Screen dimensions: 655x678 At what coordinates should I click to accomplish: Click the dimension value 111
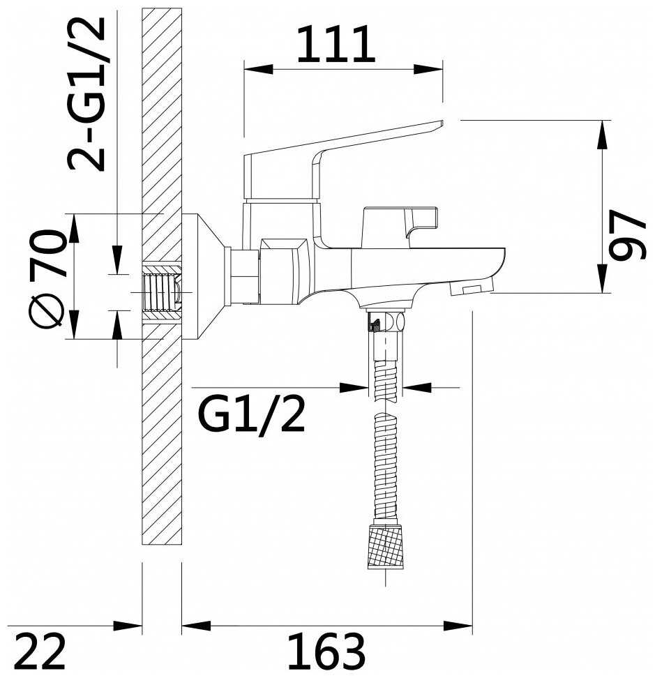[336, 44]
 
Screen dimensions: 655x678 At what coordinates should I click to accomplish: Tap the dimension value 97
[627, 235]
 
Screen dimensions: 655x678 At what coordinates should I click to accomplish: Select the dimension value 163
[326, 651]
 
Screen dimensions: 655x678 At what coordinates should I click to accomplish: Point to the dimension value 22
[42, 651]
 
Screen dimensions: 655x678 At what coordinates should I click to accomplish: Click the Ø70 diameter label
[48, 279]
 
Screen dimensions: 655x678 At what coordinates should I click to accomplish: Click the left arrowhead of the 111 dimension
[259, 69]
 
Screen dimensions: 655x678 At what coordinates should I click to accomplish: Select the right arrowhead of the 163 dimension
[458, 626]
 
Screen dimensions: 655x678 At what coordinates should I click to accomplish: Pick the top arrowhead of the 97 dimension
[601, 135]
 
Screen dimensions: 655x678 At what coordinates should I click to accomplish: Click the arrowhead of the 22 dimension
[128, 626]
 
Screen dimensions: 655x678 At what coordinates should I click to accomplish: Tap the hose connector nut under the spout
[386, 321]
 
